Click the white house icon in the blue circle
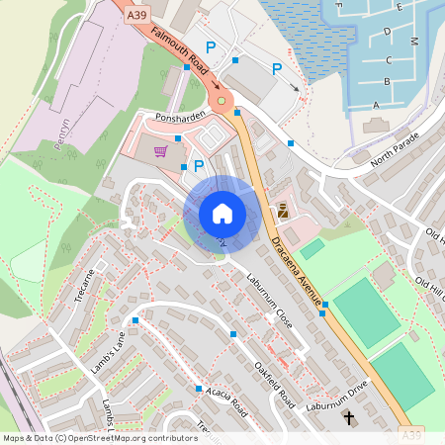(222, 213)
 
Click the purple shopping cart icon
(161, 151)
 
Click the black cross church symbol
(348, 418)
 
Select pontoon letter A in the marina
(376, 104)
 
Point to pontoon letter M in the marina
(414, 42)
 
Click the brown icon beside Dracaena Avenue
(283, 210)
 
